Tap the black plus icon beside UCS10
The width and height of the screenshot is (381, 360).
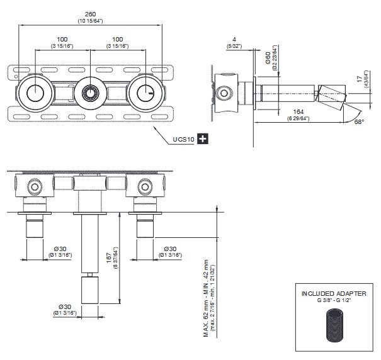pos(203,138)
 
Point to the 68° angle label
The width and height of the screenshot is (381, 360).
pos(358,121)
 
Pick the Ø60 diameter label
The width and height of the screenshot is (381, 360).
pos(267,60)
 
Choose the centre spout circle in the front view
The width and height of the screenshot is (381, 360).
pos(91,94)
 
